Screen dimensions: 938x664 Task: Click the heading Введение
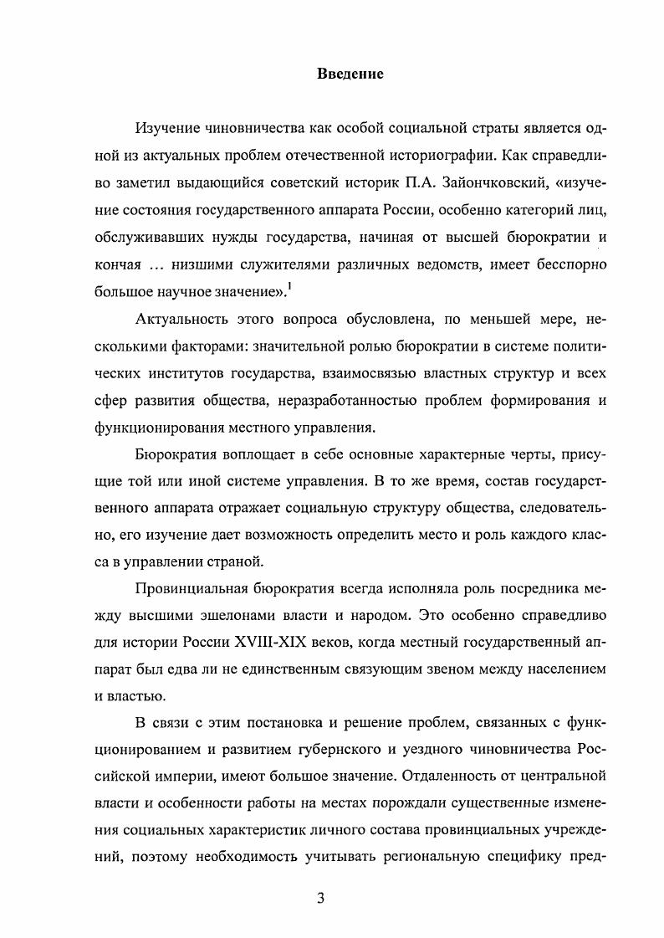(350, 74)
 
